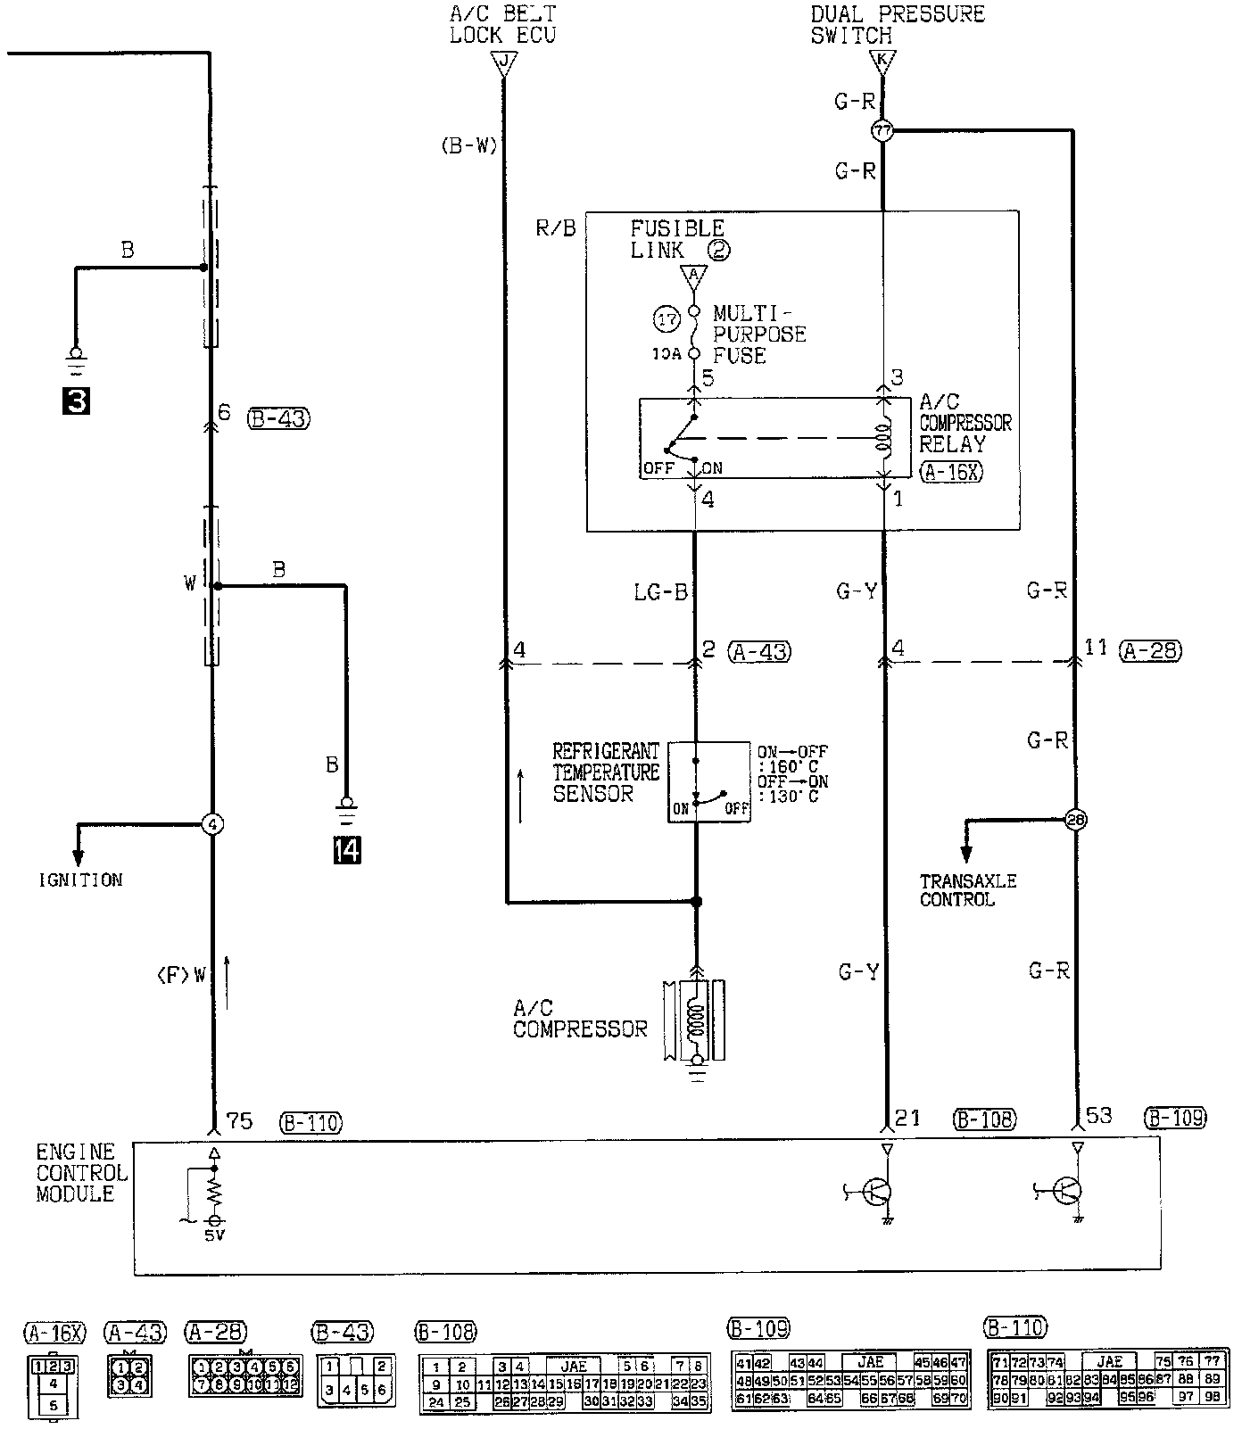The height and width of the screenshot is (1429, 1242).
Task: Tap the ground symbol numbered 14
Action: pos(346,850)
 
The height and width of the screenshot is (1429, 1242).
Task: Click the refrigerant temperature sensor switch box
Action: pos(709,781)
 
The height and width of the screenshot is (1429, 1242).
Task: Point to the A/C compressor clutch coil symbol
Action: pos(695,1019)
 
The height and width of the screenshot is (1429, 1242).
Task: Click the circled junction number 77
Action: pos(882,130)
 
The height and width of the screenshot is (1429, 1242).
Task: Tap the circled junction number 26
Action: pos(1075,820)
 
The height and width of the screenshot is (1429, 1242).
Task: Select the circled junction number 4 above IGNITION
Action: pos(212,824)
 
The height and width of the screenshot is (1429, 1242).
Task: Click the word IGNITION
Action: pos(80,880)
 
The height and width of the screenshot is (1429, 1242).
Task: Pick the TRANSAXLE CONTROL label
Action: pos(968,890)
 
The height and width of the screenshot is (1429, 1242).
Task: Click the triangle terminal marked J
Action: pos(504,62)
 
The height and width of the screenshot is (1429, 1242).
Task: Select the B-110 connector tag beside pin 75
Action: pos(310,1122)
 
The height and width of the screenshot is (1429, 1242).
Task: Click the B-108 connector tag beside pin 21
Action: pos(984,1119)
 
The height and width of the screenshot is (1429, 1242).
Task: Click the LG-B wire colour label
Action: pos(661,591)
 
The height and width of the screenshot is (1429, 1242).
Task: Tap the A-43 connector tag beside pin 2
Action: pos(759,651)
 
